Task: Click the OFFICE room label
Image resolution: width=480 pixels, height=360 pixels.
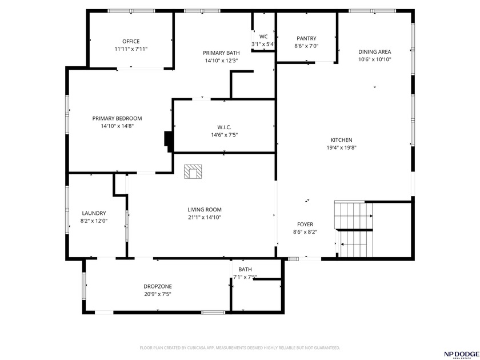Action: click(x=131, y=41)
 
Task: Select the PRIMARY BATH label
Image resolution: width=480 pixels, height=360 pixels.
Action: click(x=221, y=53)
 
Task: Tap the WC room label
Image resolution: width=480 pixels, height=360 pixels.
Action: click(x=263, y=37)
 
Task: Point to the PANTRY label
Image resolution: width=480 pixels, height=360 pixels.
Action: click(x=306, y=38)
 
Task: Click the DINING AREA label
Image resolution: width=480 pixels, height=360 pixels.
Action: click(x=374, y=51)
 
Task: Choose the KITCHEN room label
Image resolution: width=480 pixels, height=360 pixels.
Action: click(x=341, y=140)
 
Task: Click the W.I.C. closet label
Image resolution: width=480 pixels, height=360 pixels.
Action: click(x=224, y=127)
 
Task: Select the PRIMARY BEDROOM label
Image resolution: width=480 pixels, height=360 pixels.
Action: click(x=117, y=118)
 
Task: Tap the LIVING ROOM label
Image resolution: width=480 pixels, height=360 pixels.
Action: click(x=205, y=210)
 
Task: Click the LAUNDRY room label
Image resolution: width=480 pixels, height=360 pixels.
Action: click(x=94, y=213)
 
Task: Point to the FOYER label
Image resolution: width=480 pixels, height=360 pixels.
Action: click(x=305, y=225)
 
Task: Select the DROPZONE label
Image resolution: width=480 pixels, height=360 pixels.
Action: click(x=158, y=286)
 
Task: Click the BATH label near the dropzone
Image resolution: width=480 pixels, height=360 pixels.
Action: click(x=245, y=269)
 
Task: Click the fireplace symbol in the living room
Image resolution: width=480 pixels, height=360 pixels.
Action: click(x=193, y=172)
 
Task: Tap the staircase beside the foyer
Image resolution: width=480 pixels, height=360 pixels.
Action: click(x=353, y=229)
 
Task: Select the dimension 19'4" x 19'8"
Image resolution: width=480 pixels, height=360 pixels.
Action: click(x=341, y=147)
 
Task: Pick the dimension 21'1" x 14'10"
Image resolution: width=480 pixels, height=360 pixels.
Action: click(x=205, y=217)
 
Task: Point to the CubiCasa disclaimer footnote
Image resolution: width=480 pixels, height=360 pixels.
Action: click(x=240, y=347)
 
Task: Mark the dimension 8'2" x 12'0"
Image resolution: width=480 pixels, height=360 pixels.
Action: click(x=94, y=221)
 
